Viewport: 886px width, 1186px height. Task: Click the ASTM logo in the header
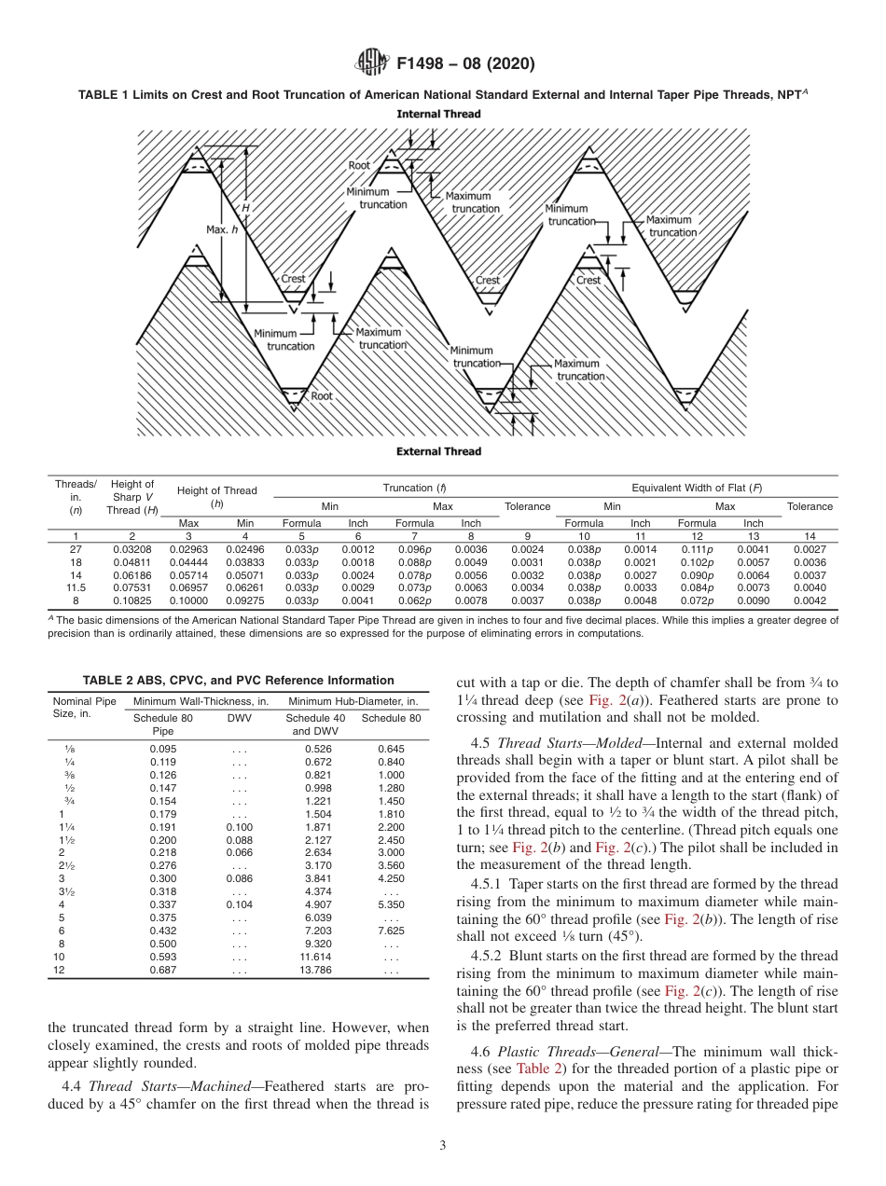click(372, 64)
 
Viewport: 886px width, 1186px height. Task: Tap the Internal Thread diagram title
click(438, 114)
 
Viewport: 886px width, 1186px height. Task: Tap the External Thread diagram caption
click(438, 451)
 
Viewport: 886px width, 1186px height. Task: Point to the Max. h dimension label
click(221, 228)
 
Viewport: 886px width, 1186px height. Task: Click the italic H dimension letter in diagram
click(246, 208)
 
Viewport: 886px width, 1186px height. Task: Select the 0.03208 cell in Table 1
click(132, 550)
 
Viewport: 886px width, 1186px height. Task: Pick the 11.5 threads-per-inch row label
click(76, 588)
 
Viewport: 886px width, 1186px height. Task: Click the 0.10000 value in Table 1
click(188, 601)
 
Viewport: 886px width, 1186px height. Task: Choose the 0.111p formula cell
click(697, 550)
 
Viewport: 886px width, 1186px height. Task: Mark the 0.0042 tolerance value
click(810, 601)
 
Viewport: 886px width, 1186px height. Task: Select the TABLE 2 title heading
click(238, 681)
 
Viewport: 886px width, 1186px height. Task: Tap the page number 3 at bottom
click(442, 1146)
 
